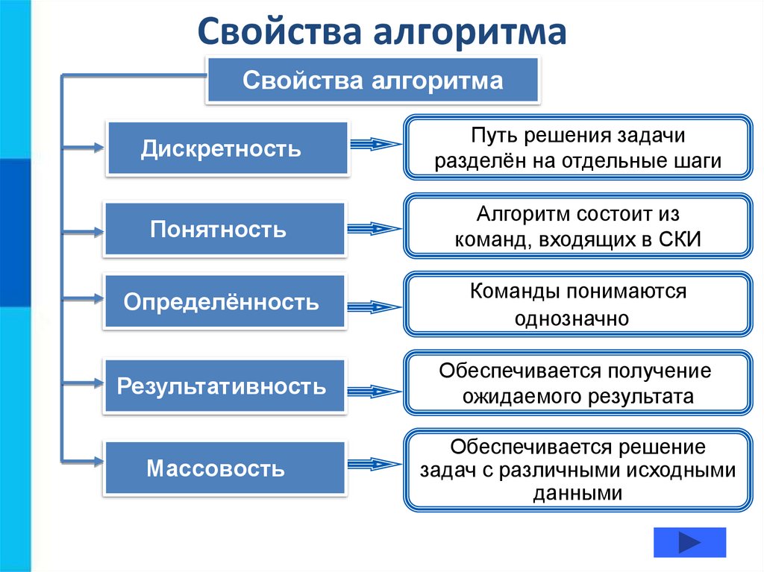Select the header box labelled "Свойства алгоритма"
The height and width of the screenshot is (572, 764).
[372, 81]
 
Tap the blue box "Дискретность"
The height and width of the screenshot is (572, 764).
[228, 148]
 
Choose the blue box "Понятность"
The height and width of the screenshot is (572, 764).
[225, 229]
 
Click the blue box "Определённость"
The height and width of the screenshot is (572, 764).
[225, 302]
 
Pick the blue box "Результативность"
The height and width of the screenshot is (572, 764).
[225, 386]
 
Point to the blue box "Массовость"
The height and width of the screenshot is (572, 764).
[225, 468]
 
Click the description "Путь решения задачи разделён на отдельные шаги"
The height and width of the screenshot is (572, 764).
[577, 148]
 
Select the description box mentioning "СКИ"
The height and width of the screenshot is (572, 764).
[577, 226]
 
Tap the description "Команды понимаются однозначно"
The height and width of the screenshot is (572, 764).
[577, 304]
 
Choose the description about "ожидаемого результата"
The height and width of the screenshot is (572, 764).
[577, 383]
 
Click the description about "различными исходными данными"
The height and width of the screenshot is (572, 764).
[577, 470]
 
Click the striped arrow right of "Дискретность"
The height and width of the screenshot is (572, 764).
[376, 145]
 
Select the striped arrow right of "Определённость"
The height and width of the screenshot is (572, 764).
[375, 305]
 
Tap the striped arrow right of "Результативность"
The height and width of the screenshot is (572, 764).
[375, 390]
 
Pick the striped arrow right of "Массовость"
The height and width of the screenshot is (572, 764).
[375, 465]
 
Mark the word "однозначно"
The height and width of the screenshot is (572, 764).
[572, 318]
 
